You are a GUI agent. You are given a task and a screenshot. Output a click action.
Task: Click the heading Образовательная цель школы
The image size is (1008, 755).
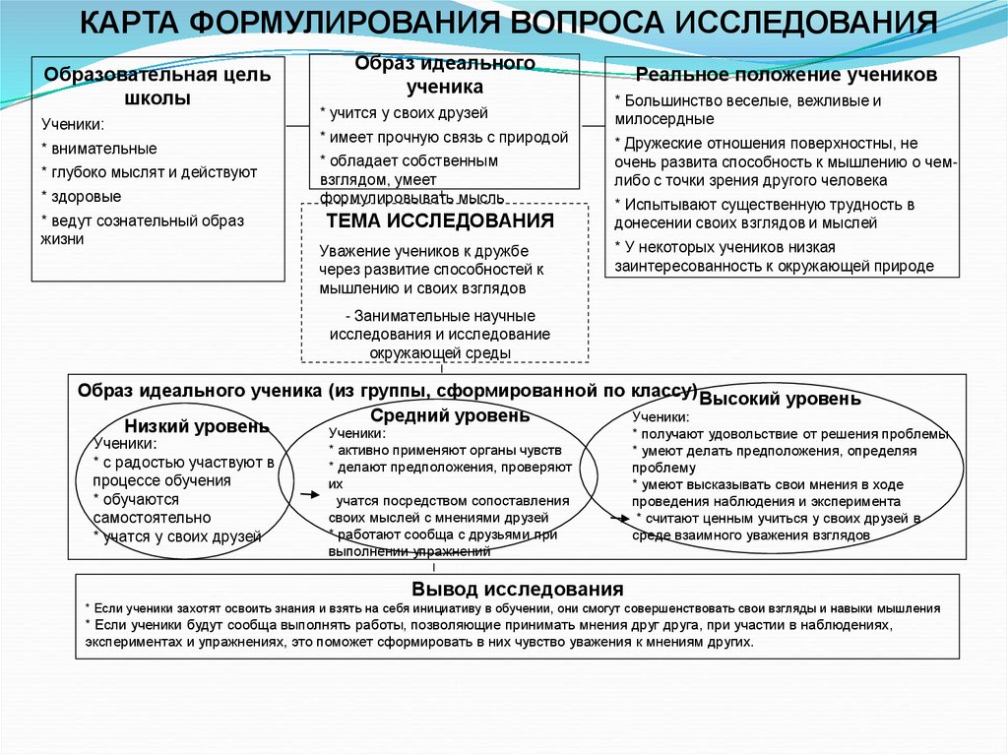(x=157, y=87)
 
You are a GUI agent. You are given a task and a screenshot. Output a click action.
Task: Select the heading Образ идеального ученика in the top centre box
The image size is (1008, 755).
(x=445, y=74)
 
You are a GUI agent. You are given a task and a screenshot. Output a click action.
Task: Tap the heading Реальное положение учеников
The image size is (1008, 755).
(x=784, y=75)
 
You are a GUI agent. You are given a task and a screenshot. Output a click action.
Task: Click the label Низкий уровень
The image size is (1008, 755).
(x=196, y=426)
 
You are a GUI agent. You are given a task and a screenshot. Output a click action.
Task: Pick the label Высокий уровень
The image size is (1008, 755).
(x=780, y=399)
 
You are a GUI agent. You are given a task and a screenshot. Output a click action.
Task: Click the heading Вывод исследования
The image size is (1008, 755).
(x=517, y=589)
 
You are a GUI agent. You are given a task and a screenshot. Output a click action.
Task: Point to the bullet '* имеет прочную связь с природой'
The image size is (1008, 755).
(x=444, y=137)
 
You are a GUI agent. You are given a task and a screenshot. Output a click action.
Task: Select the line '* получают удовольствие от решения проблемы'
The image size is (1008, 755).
(x=790, y=434)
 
